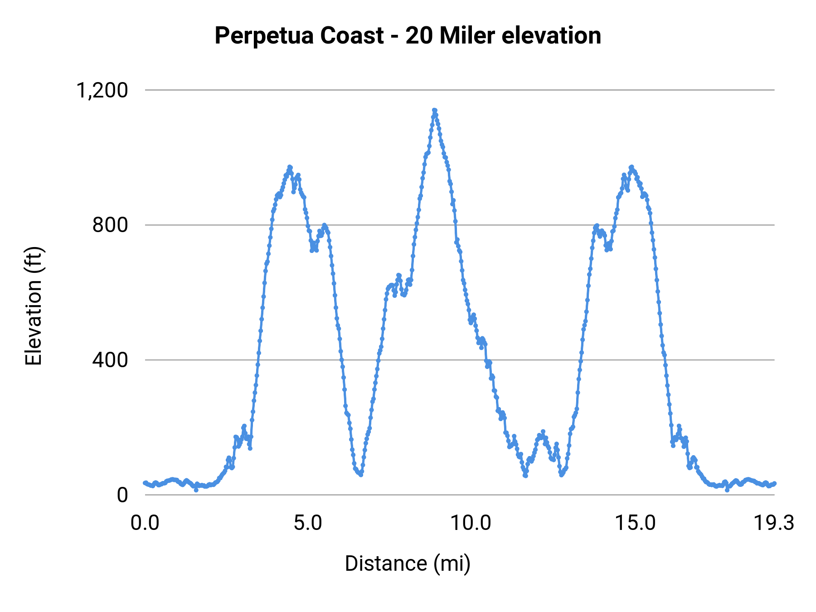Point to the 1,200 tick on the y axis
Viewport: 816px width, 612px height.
[x=102, y=91]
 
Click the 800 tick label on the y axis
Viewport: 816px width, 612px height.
[x=110, y=225]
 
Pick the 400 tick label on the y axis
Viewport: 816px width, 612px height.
[x=110, y=360]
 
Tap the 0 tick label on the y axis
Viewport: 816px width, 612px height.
[x=122, y=495]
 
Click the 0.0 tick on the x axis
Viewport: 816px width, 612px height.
[x=145, y=523]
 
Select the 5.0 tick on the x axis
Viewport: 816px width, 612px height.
[x=308, y=523]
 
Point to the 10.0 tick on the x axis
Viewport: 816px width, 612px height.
[x=471, y=523]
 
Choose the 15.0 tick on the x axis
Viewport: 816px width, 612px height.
[x=635, y=523]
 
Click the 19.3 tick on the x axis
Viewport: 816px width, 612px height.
[x=774, y=523]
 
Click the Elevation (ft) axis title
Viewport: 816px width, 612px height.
[x=34, y=306]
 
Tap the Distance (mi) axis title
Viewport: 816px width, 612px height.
[x=408, y=563]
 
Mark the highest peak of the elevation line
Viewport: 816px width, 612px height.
[x=434, y=110]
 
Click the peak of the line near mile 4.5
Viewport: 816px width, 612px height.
[x=290, y=167]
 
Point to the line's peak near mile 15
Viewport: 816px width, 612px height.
[x=631, y=167]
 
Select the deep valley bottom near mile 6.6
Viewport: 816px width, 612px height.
[x=361, y=475]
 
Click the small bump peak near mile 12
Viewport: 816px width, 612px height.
[x=543, y=432]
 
